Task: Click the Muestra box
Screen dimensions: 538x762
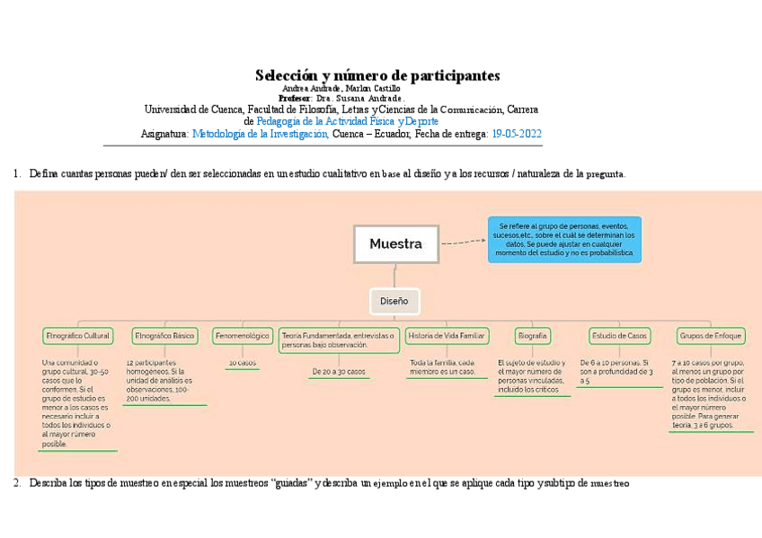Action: pyautogui.click(x=395, y=243)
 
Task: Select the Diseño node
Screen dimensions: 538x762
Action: pyautogui.click(x=394, y=302)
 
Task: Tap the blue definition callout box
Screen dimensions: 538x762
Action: pyautogui.click(x=564, y=239)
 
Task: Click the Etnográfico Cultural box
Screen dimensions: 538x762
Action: pyautogui.click(x=77, y=336)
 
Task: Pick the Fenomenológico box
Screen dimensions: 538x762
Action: pyautogui.click(x=242, y=336)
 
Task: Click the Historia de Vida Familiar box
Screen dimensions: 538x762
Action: pyautogui.click(x=446, y=336)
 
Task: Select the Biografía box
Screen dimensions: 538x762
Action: pyautogui.click(x=532, y=336)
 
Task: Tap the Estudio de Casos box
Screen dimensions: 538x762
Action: pyautogui.click(x=618, y=336)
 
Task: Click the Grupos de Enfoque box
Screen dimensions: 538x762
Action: pyautogui.click(x=711, y=336)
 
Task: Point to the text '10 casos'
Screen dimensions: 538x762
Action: pyautogui.click(x=242, y=363)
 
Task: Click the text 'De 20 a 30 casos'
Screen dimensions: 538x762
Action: pyautogui.click(x=339, y=371)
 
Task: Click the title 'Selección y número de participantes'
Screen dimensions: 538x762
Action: pyautogui.click(x=377, y=75)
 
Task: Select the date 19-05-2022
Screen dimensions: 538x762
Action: pyautogui.click(x=516, y=133)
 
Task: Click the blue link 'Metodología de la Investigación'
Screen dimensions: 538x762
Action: pyautogui.click(x=260, y=133)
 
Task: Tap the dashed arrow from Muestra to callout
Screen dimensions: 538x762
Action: pyautogui.click(x=464, y=242)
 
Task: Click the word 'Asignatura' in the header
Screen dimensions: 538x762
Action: pyautogui.click(x=164, y=133)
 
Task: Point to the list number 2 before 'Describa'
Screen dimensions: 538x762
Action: pyautogui.click(x=17, y=483)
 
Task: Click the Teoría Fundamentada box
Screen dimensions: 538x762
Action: pyautogui.click(x=339, y=340)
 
